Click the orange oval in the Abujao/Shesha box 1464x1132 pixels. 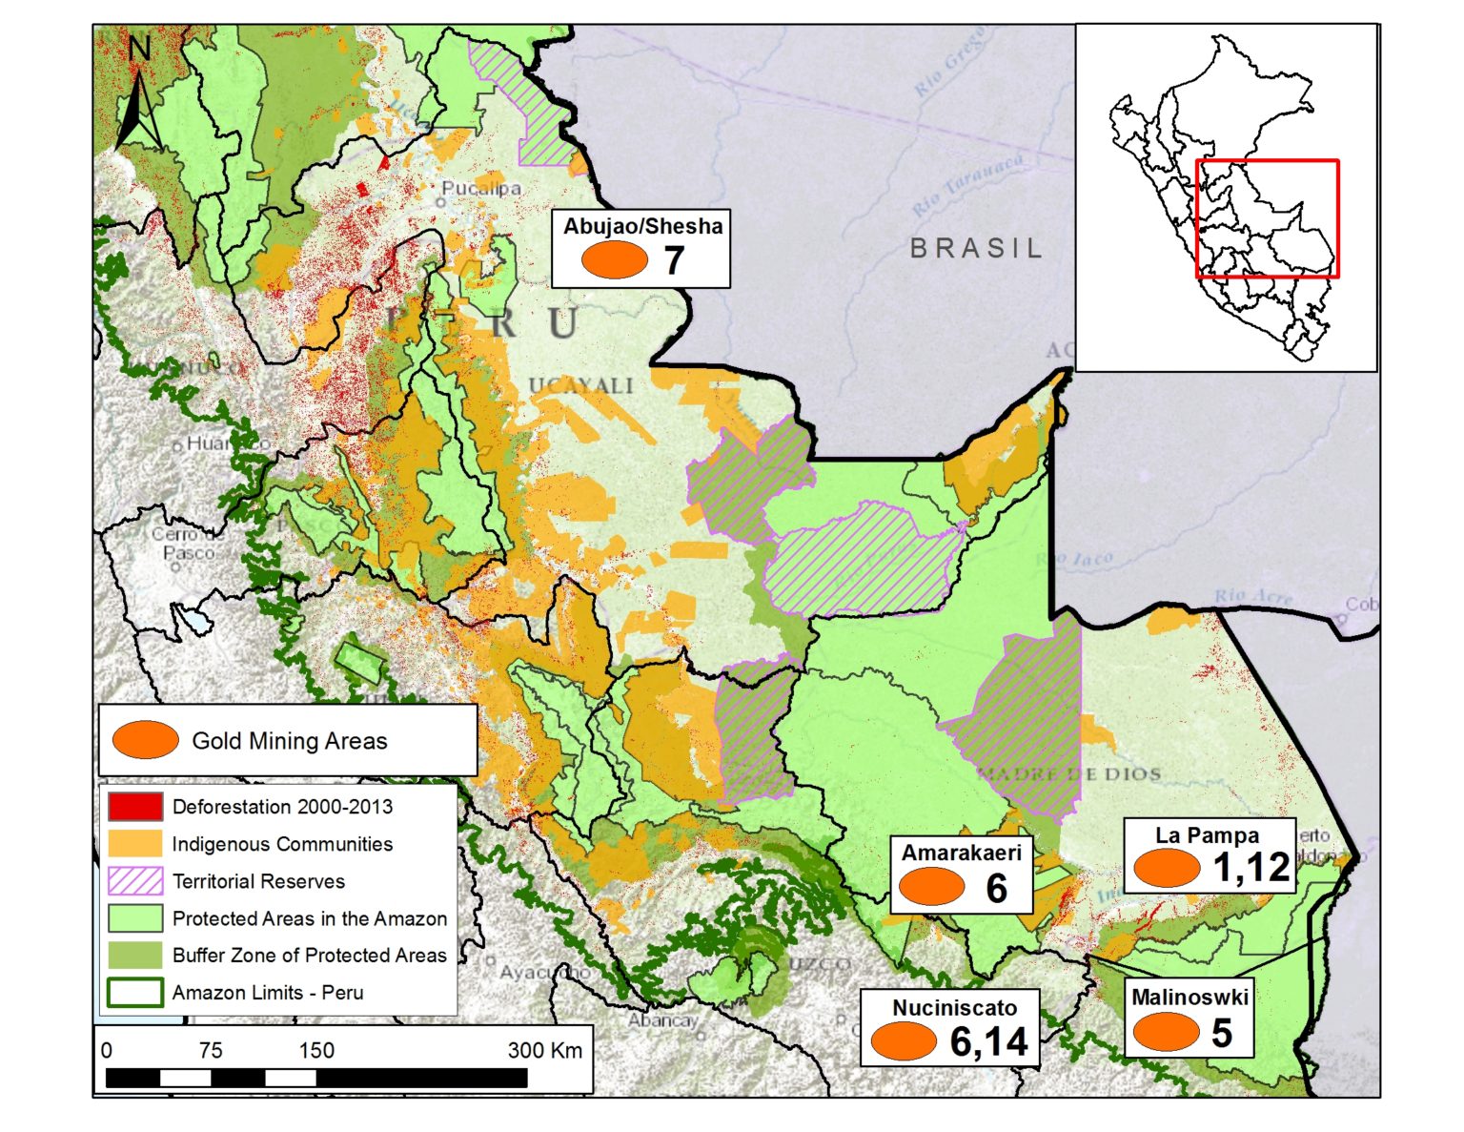(614, 259)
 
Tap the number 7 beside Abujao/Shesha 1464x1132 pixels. (674, 260)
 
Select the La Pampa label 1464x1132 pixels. (1207, 835)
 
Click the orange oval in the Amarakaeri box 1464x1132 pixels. (932, 887)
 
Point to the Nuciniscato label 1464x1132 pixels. (954, 1007)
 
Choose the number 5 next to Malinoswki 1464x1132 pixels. (1221, 1033)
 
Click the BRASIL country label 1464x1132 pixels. (976, 248)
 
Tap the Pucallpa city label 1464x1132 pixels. (481, 188)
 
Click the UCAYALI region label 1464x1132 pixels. (580, 385)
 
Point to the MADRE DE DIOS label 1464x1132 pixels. (1068, 773)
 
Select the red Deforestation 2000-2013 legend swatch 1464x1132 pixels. (134, 807)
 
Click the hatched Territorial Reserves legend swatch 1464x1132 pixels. (134, 881)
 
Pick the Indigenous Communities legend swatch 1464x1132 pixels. (134, 844)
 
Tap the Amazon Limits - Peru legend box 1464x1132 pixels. (134, 993)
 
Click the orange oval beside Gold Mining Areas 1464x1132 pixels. (145, 740)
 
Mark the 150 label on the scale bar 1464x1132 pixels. (316, 1050)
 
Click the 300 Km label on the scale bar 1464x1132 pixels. (544, 1050)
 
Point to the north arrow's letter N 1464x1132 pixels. (140, 49)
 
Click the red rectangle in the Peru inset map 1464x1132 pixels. (1267, 218)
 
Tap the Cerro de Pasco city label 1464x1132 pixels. (188, 543)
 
